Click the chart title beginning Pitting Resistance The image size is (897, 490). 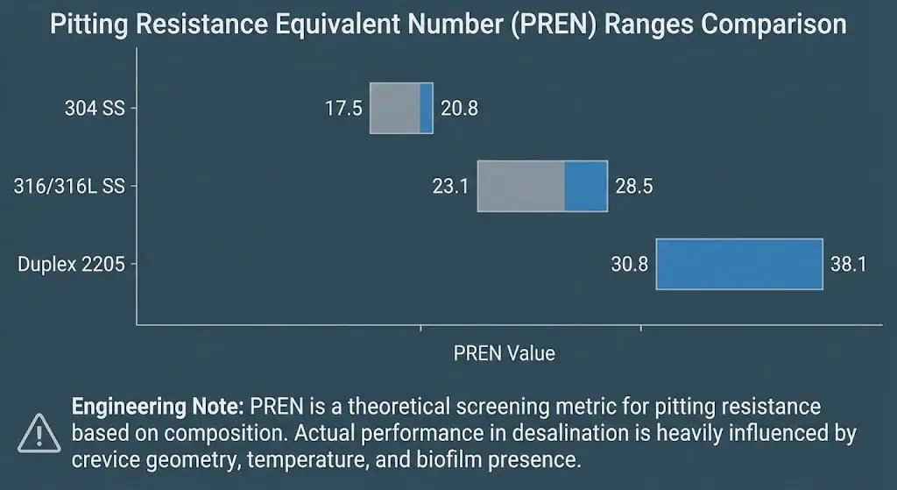[x=448, y=24]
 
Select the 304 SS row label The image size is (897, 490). [x=95, y=109]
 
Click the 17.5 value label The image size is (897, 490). [x=343, y=109]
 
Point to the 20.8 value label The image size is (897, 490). [x=459, y=109]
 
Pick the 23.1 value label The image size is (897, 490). [x=450, y=186]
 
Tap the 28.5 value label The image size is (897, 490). [x=634, y=186]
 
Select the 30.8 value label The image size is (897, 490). [x=630, y=263]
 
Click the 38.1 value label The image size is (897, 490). [x=848, y=263]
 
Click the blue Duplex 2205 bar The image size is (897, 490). [x=739, y=264]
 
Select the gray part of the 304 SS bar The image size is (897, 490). [x=394, y=108]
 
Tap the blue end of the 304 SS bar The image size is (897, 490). [x=426, y=108]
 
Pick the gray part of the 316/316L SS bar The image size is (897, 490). [x=520, y=186]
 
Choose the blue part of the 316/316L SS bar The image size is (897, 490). [x=585, y=186]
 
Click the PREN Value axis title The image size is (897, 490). [x=505, y=353]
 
